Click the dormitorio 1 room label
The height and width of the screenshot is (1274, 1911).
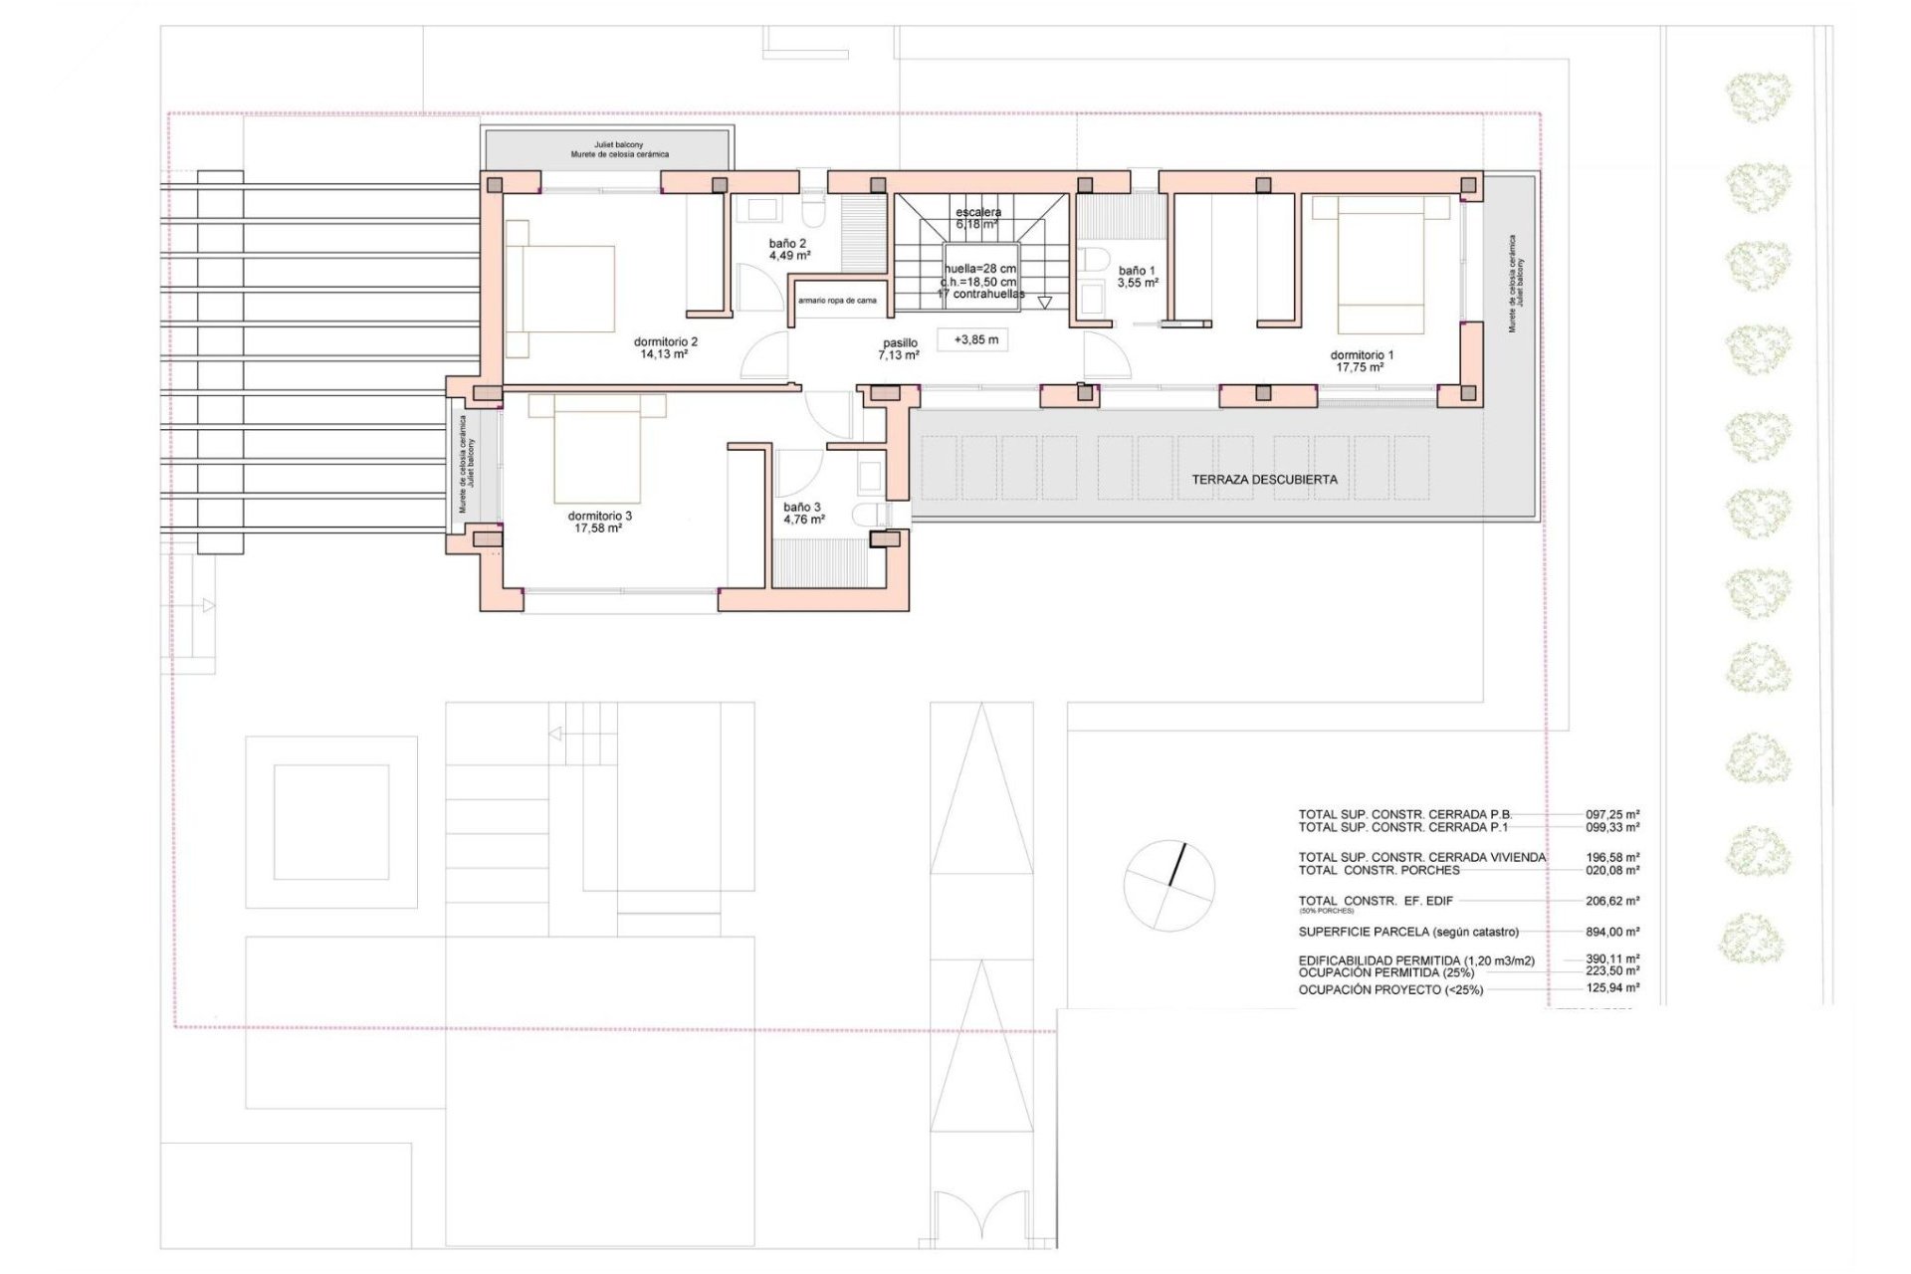(x=1362, y=355)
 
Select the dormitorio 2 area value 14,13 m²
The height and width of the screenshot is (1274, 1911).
(x=665, y=354)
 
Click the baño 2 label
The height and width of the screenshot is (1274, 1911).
(x=787, y=243)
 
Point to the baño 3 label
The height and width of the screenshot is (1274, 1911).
(x=802, y=508)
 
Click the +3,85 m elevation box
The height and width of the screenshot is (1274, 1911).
(x=974, y=340)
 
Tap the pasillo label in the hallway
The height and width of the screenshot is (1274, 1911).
(x=900, y=343)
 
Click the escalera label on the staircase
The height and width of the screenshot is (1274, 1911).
(x=978, y=212)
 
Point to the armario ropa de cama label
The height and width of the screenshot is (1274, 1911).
(x=837, y=301)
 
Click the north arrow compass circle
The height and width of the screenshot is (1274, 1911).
(x=1168, y=886)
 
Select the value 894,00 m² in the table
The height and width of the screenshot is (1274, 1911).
(x=1611, y=933)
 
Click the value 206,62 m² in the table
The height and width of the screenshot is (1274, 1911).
(x=1611, y=901)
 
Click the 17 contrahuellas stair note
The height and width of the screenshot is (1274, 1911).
(x=981, y=295)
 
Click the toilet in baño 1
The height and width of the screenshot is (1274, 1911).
(x=1095, y=261)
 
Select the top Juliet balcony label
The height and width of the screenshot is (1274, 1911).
(x=619, y=145)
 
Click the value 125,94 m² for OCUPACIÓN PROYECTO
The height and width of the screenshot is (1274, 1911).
(x=1611, y=988)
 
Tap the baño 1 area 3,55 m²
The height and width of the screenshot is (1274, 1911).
(x=1138, y=284)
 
